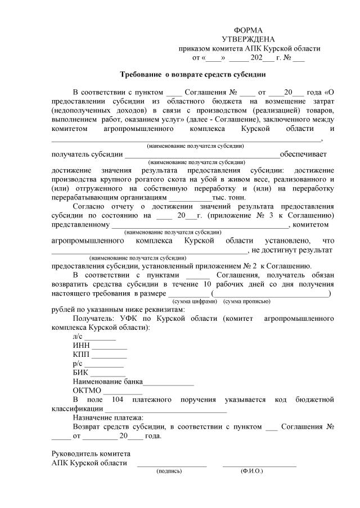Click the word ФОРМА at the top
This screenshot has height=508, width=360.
[x=248, y=30]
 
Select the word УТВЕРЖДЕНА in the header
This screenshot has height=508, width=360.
[x=248, y=39]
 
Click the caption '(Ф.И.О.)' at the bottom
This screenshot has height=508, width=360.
[x=251, y=471]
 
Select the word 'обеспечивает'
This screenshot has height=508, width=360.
[x=303, y=154]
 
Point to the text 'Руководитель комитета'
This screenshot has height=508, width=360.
[x=91, y=453]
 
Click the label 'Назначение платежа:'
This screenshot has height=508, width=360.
[x=108, y=418]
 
